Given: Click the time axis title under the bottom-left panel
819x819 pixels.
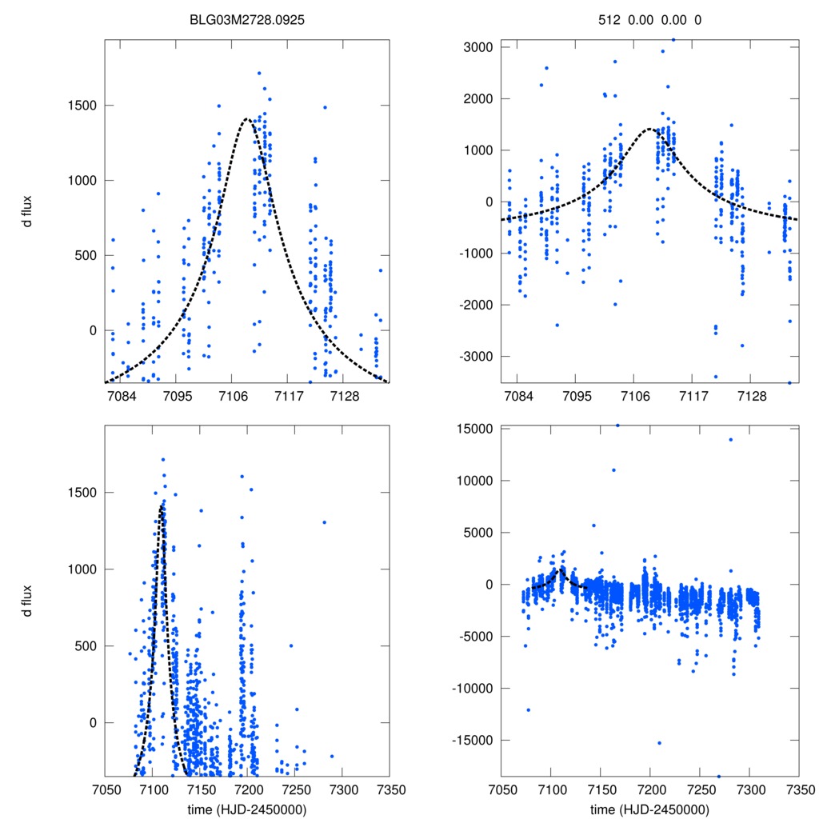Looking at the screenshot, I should (248, 809).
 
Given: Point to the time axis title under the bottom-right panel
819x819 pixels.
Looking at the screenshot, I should (649, 809).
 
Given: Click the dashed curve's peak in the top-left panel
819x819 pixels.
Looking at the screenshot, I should (247, 119).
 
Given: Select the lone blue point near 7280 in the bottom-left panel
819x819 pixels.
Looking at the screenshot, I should (324, 522).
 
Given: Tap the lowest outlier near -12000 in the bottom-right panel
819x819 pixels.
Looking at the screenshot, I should (528, 709).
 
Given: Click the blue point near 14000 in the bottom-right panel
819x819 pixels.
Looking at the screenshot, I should (730, 439).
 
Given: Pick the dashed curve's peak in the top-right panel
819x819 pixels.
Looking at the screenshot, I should (650, 128).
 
